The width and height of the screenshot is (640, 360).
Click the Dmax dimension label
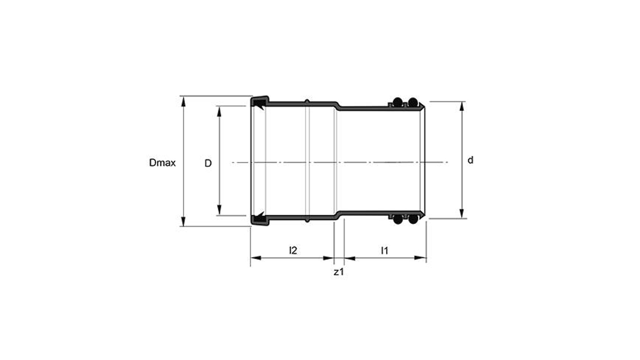click(162, 163)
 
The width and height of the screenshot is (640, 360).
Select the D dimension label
click(208, 163)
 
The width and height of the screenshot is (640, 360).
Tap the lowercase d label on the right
click(470, 160)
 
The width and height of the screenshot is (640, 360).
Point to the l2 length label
click(293, 250)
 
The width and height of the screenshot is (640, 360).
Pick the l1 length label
click(385, 251)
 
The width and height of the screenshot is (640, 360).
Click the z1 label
click(339, 272)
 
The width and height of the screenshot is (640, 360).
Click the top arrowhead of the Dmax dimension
click(183, 102)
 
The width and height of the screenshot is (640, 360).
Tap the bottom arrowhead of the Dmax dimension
click(183, 221)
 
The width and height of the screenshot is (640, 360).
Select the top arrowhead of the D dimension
click(219, 111)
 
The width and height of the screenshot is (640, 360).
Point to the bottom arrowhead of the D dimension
click(219, 210)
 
